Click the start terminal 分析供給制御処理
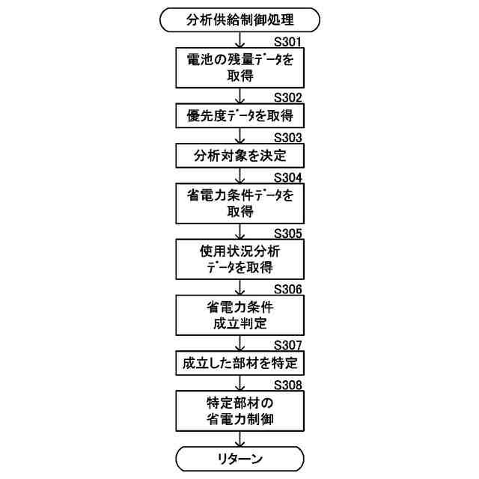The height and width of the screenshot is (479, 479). (239, 19)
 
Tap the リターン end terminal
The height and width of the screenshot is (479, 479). (239, 457)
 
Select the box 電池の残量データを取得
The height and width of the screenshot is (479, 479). (239, 69)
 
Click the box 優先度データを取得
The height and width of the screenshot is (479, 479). (239, 116)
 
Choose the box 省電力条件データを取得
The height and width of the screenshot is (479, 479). (239, 204)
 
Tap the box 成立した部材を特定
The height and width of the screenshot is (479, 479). (239, 364)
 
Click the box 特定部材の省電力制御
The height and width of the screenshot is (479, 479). (239, 411)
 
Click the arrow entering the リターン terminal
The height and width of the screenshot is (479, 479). (239, 439)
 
